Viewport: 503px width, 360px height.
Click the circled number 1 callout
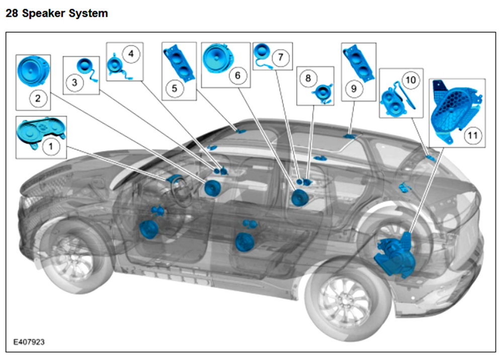tap(49, 146)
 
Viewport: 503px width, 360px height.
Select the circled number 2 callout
tap(38, 98)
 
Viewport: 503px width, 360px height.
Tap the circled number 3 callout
tap(74, 82)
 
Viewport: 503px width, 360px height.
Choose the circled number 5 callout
tap(175, 88)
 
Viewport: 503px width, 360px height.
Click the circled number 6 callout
tap(238, 76)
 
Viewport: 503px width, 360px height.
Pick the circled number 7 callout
tap(280, 57)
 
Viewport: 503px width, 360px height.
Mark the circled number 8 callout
tap(308, 78)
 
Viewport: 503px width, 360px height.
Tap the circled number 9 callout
tap(354, 88)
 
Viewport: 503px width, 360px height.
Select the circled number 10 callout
tap(411, 79)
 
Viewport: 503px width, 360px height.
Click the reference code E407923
tap(28, 342)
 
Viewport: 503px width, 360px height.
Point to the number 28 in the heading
tap(12, 13)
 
